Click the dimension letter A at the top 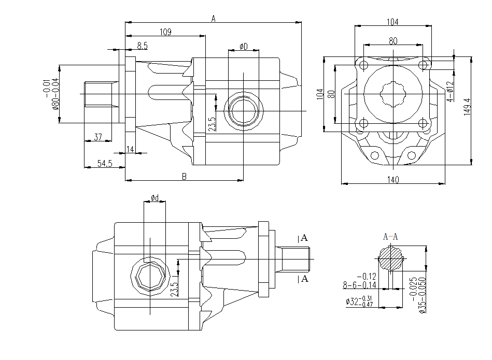coord(213,19)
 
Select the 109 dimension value coord(165,32)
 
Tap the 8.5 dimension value coord(142,46)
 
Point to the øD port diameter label coord(244,47)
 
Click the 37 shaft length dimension coord(98,137)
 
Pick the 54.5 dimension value coord(105,164)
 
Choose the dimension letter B coord(184,177)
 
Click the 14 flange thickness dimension coord(130,150)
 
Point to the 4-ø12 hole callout coord(449,91)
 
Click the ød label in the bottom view coord(155,198)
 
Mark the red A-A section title coord(390,237)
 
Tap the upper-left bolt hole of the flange coord(363,65)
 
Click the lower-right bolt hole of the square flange coord(424,123)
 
